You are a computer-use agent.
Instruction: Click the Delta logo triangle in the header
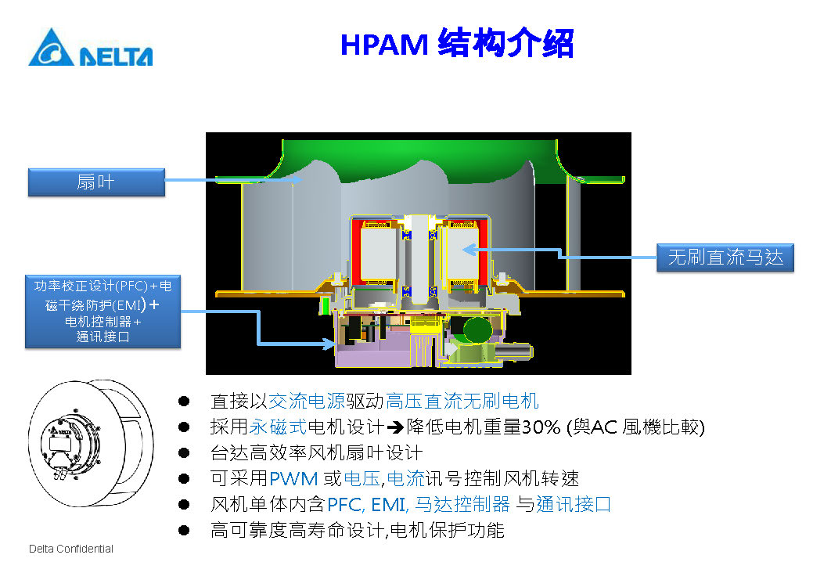pos(52,49)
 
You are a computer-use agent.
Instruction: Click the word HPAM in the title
pos(383,44)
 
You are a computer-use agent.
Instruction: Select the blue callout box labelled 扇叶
pos(96,182)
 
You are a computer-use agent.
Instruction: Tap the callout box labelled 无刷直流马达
pos(725,257)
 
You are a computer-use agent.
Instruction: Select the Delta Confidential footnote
pos(71,549)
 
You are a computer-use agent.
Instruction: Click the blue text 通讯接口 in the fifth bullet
pos(574,504)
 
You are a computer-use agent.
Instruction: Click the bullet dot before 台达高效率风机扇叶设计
pos(184,452)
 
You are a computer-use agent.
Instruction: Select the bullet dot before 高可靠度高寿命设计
pos(184,530)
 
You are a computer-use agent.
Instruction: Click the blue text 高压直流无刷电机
pos(462,402)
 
